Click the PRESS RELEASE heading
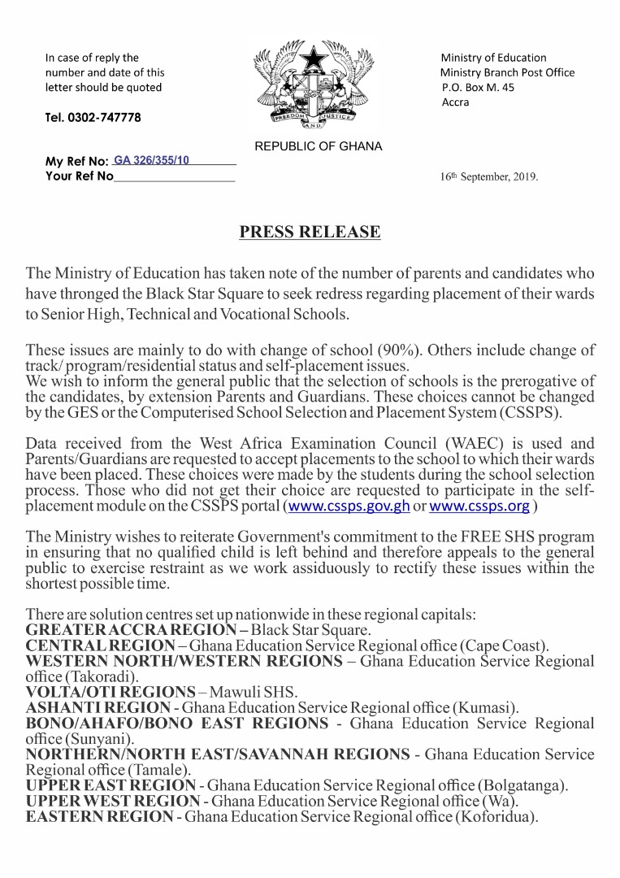coord(310,232)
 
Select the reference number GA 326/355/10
coord(152,160)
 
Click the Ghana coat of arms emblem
coord(310,85)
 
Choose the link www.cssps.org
coord(479,506)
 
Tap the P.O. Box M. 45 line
coord(478,88)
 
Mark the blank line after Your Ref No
coord(174,176)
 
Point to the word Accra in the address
coord(455,102)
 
